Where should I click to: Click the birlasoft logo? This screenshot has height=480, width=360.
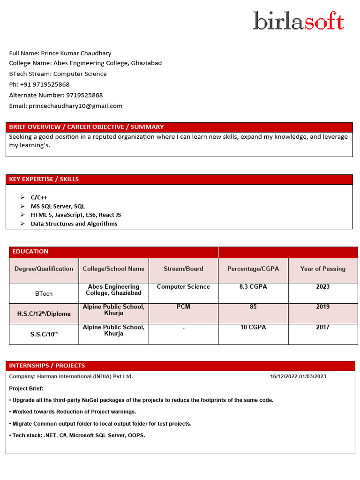point(299,21)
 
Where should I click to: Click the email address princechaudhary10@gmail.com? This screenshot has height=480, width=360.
point(75,106)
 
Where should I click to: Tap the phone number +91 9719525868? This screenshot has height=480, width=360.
point(45,84)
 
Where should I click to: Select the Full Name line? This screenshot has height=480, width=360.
point(60,53)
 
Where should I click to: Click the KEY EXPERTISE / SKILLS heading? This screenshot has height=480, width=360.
point(44,179)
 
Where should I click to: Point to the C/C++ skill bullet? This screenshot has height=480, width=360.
point(39,197)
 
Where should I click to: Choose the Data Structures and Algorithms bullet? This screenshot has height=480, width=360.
point(74,224)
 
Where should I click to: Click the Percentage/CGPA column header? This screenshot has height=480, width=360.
point(253,269)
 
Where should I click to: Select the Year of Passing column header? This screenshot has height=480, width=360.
point(322,269)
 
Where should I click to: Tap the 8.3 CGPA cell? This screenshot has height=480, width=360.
point(253,286)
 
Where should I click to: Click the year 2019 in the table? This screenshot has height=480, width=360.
point(322,307)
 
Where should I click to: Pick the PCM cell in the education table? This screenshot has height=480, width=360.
point(183,307)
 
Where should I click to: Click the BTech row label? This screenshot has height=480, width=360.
point(44,293)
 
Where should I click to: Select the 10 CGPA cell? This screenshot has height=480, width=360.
point(253,327)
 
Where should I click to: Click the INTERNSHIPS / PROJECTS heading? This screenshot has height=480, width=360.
point(47,365)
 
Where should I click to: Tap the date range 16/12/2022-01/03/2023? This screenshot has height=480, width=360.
point(298,376)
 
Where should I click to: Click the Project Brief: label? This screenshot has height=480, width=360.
point(26,389)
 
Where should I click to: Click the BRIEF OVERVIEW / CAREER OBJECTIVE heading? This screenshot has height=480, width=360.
point(86,127)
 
